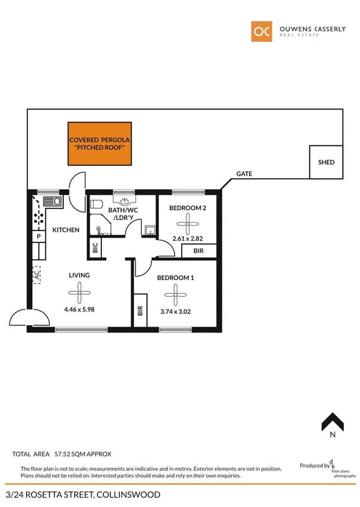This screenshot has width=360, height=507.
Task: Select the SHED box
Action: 326,162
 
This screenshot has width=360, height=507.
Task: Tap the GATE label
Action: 244,174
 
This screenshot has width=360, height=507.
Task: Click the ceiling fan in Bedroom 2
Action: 188,225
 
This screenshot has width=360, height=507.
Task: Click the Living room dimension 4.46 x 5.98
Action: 79,309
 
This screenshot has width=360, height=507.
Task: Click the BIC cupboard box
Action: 95,248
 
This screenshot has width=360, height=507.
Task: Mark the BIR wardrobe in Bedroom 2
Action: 198,251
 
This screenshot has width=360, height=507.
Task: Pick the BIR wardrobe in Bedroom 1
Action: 140,310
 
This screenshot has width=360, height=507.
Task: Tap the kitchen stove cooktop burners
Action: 38,218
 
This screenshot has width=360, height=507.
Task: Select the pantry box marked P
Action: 38,237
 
